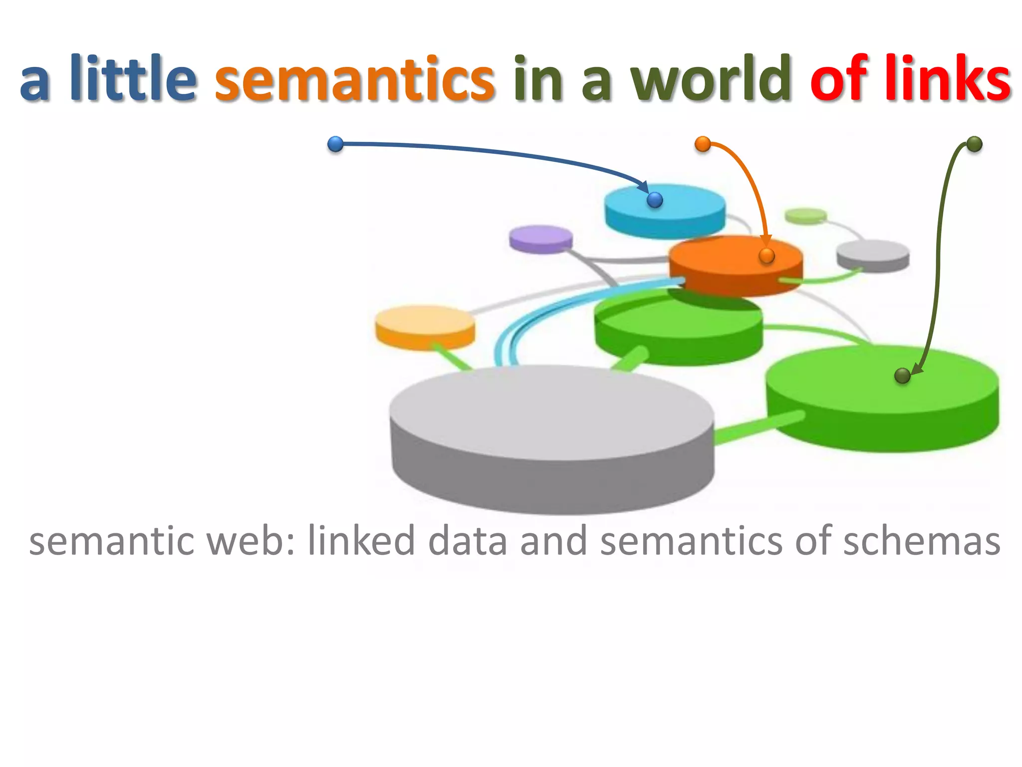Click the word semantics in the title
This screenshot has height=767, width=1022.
click(x=354, y=79)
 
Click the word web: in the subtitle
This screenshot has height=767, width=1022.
click(x=250, y=541)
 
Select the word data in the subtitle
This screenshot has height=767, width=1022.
click(x=468, y=541)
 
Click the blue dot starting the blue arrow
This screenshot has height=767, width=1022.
click(x=335, y=144)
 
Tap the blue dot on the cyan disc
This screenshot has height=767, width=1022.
click(x=655, y=200)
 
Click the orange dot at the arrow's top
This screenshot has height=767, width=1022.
click(x=703, y=144)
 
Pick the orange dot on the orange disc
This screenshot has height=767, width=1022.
click(x=766, y=256)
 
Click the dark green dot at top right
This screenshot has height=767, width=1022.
click(x=974, y=144)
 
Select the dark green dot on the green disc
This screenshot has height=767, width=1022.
click(x=902, y=376)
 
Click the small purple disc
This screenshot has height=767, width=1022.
click(x=541, y=239)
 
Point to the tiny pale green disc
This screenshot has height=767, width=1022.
click(x=805, y=216)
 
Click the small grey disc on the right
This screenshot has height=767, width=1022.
click(x=873, y=255)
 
